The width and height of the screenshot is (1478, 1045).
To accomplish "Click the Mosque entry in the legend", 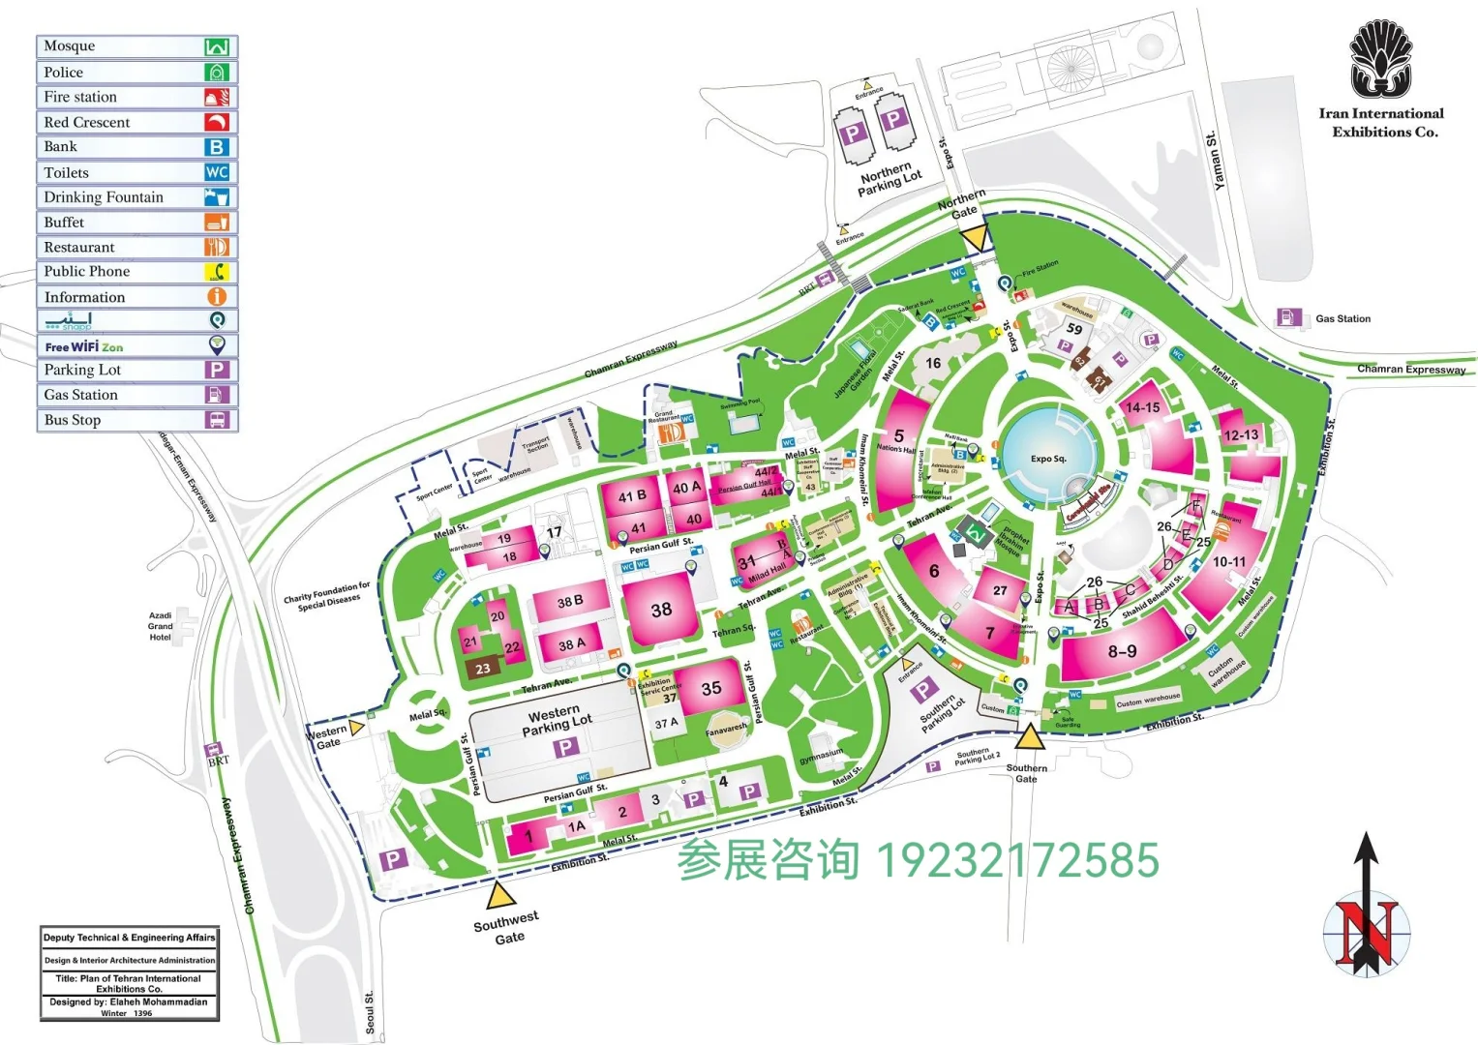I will pyautogui.click(x=136, y=46).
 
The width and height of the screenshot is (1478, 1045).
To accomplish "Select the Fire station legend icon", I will pyautogui.click(x=216, y=97).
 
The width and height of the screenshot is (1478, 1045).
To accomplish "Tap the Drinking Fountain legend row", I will pyautogui.click(x=136, y=197).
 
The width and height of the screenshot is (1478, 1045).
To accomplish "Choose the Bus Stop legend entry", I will pyautogui.click(x=136, y=420).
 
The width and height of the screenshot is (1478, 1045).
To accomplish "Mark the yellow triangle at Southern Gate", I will pyautogui.click(x=1029, y=737).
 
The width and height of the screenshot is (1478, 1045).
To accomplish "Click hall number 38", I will pyautogui.click(x=661, y=610).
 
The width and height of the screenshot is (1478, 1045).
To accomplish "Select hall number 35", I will pyautogui.click(x=711, y=688).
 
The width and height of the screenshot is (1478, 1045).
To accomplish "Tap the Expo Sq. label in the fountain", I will pyautogui.click(x=1048, y=459).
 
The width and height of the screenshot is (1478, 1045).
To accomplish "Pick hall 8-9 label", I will pyautogui.click(x=1122, y=651).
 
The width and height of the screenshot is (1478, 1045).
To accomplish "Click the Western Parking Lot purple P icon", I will pyautogui.click(x=565, y=746).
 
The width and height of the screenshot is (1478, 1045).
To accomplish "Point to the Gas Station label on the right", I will pyautogui.click(x=1342, y=318).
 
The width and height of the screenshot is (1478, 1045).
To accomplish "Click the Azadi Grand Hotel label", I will pyautogui.click(x=161, y=626).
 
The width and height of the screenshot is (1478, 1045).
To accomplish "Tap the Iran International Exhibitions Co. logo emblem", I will pyautogui.click(x=1380, y=60).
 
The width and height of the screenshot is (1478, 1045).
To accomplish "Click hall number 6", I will pyautogui.click(x=934, y=571).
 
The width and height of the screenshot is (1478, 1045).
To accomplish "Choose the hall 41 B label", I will pyautogui.click(x=632, y=496).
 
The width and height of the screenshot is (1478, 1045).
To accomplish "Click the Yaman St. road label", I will pyautogui.click(x=1215, y=161).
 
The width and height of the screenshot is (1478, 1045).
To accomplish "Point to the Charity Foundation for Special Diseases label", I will pyautogui.click(x=327, y=594).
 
